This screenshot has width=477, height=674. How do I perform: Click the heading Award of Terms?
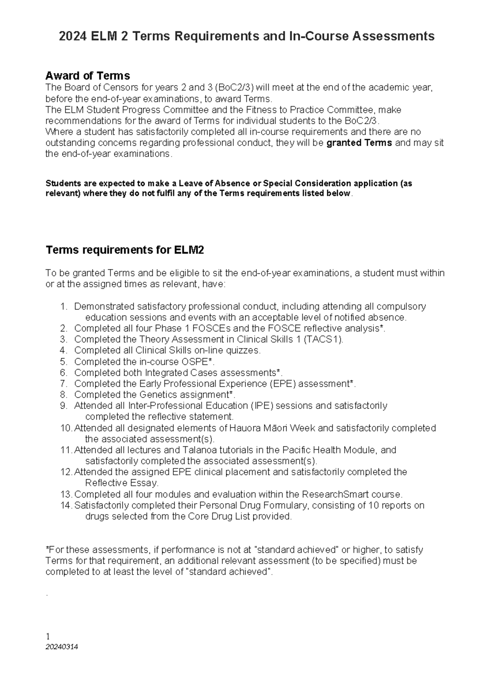click(x=87, y=76)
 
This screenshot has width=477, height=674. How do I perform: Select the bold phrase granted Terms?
click(x=359, y=143)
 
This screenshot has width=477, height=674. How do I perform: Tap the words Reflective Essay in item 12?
click(x=122, y=483)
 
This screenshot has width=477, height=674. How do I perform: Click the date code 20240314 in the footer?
click(x=62, y=647)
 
